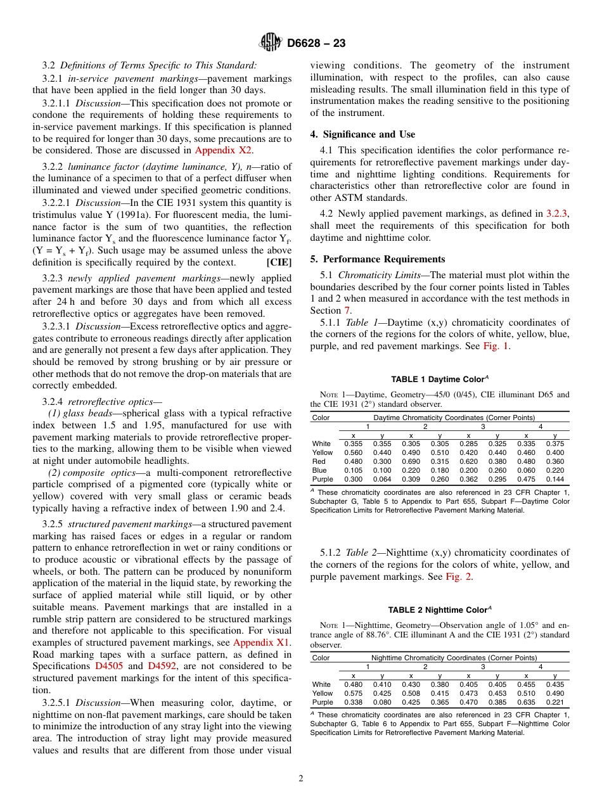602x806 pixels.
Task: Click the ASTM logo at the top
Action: (271, 43)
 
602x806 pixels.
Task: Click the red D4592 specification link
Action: (162, 666)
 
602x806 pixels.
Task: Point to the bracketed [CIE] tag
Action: (279, 262)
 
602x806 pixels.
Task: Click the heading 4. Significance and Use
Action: (362, 134)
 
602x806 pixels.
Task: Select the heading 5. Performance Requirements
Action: (377, 259)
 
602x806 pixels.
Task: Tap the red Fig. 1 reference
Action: (496, 347)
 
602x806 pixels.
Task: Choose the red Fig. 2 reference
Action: (458, 577)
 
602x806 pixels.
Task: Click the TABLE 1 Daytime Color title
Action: (439, 380)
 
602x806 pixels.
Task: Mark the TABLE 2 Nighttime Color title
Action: (439, 610)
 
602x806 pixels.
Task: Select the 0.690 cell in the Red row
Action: (411, 462)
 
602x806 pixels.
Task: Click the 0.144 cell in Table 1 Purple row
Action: (554, 480)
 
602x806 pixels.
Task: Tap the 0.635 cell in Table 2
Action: (525, 702)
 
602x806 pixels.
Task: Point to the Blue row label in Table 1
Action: (319, 471)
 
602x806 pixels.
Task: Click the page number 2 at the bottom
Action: (301, 779)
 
